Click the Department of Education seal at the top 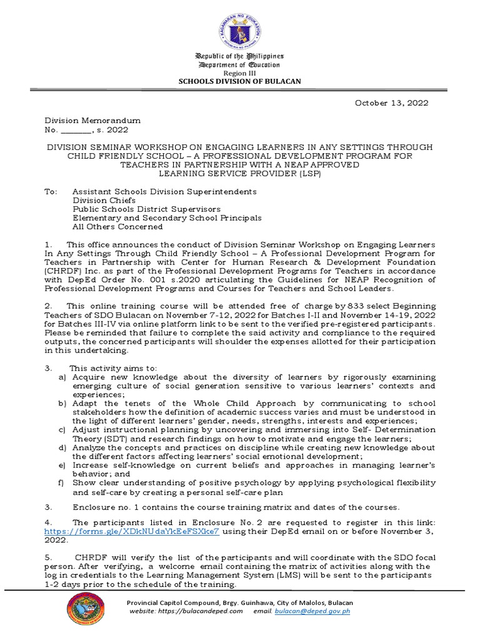(239, 29)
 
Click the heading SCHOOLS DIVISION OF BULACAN (239, 81)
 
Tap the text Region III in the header (239, 73)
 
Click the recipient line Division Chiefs (100, 200)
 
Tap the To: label (50, 191)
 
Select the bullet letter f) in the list (62, 482)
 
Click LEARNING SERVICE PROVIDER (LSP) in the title (239, 173)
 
